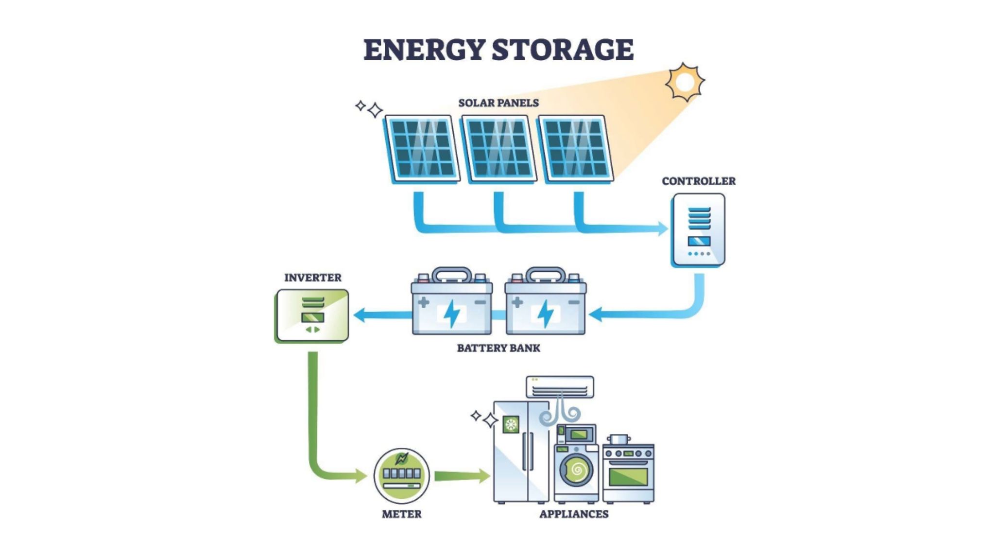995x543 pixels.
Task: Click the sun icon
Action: coord(685,82)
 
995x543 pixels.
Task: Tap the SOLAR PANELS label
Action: coord(498,103)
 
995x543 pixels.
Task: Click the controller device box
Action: coord(699,230)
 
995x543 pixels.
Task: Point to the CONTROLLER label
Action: coord(699,181)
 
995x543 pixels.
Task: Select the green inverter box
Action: coord(312,315)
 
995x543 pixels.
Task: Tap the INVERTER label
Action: coord(312,278)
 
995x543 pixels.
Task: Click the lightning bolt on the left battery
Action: coord(452,314)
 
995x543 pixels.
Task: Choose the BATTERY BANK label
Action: coord(498,348)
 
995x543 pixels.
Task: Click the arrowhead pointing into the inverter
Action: coord(360,315)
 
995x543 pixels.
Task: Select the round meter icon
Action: coord(401,475)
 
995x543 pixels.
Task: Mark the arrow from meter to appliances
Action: coord(462,475)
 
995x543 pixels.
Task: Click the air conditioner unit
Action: coord(560,386)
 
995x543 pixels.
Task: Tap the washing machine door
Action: coord(577,470)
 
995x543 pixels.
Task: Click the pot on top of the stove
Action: coord(617,439)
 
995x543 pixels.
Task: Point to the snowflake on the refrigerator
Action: coord(511,424)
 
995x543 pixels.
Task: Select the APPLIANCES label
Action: coord(574,514)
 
